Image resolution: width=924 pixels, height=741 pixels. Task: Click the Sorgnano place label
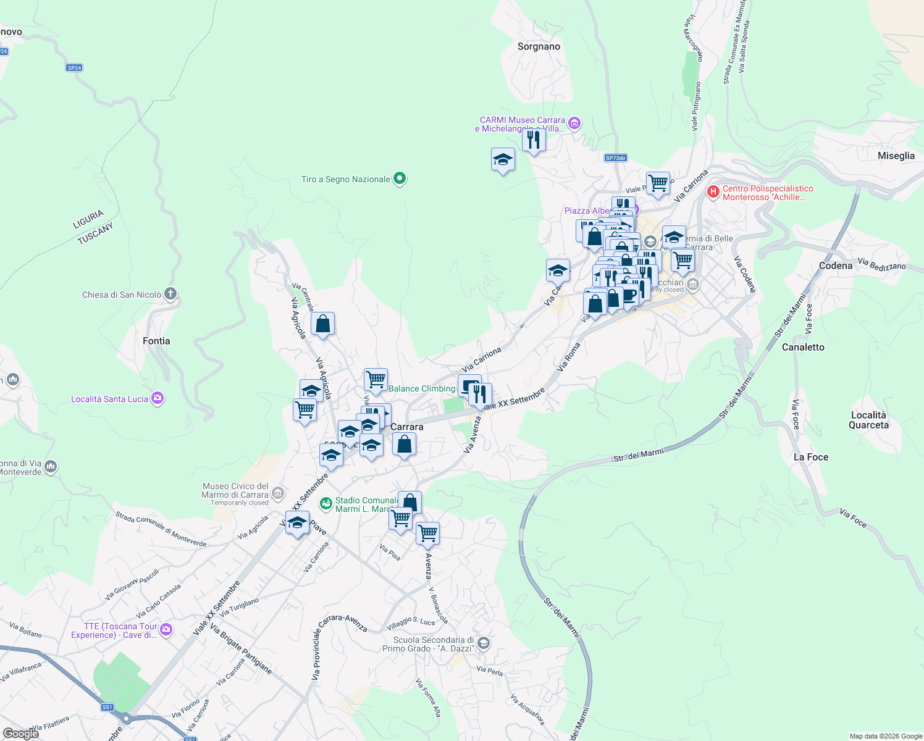[539, 47]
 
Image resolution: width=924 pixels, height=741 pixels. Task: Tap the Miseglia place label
[896, 156]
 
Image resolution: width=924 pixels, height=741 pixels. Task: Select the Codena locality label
[835, 266]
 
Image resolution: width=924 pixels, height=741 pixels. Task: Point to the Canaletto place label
[802, 348]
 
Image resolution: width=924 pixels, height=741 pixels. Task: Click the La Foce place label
[810, 458]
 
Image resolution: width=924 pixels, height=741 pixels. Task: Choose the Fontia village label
[156, 341]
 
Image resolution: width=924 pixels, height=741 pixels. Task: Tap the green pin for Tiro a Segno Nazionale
[400, 179]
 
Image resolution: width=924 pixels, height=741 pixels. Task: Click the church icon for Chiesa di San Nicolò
[171, 295]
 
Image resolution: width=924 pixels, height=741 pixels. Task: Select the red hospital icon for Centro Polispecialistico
[713, 192]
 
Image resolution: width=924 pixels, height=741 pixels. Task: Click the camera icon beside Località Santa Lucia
[157, 399]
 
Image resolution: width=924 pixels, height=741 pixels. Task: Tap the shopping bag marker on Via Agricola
[322, 324]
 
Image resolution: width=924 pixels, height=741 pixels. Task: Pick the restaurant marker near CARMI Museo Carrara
[533, 140]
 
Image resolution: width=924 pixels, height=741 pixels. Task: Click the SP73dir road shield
[616, 158]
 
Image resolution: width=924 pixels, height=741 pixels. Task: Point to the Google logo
[20, 734]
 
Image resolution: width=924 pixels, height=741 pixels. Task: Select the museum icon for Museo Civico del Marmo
[278, 493]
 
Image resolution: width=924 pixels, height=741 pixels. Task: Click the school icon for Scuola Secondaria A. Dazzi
[484, 644]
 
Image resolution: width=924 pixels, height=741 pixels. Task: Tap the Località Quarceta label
[868, 420]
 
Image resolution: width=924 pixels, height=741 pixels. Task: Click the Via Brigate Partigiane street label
[241, 649]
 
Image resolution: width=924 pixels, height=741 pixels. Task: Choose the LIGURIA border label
[88, 219]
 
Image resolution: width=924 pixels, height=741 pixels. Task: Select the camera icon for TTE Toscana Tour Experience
[166, 630]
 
